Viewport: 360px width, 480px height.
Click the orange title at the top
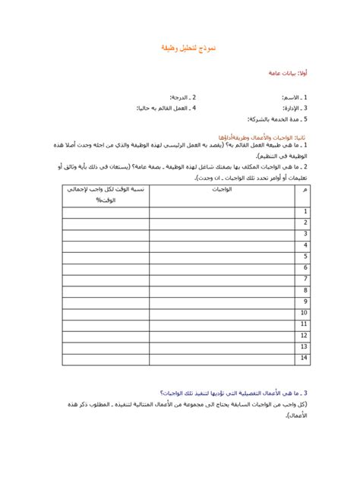click(180, 48)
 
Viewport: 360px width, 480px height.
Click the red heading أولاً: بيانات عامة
click(288, 73)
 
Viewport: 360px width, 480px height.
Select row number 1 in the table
click(305, 212)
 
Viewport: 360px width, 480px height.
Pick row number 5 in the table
click(305, 257)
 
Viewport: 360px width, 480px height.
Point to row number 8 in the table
click(305, 290)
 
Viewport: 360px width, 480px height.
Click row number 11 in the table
click(304, 324)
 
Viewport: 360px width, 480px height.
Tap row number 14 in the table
click(304, 357)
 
